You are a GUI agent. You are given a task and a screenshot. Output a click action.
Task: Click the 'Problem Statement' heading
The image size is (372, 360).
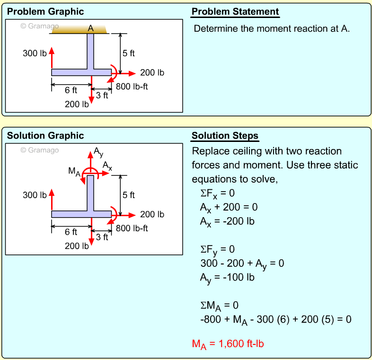(x=235, y=12)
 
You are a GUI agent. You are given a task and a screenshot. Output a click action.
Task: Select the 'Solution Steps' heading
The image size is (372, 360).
(x=225, y=136)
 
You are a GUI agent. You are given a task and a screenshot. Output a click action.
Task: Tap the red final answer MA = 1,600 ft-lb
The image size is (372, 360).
(x=228, y=344)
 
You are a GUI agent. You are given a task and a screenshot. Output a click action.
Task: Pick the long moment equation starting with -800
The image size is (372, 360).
(x=276, y=319)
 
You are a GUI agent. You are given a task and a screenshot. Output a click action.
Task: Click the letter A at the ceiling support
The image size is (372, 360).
(x=91, y=29)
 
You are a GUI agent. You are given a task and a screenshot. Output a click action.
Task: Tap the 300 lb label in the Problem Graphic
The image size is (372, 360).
(x=35, y=53)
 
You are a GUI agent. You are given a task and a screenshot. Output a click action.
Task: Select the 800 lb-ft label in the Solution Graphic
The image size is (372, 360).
(x=132, y=228)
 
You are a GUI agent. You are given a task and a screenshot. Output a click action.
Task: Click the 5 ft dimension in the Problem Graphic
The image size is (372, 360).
(x=129, y=53)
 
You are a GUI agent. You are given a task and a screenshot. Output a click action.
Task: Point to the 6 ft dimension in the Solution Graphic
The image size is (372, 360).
(x=71, y=232)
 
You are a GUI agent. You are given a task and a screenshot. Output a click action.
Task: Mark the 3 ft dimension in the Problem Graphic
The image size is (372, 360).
(x=102, y=95)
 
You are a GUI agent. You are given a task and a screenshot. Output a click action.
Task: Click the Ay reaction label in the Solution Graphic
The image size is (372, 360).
(x=98, y=151)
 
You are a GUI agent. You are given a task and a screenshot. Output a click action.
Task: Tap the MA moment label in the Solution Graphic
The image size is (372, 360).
(x=74, y=171)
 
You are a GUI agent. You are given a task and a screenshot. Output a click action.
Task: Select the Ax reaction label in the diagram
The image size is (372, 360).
(x=107, y=166)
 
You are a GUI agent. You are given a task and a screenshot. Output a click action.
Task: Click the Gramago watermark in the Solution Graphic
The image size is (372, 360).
(x=40, y=150)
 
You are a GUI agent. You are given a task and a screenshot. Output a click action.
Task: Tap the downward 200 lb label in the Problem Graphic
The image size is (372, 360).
(x=77, y=104)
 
